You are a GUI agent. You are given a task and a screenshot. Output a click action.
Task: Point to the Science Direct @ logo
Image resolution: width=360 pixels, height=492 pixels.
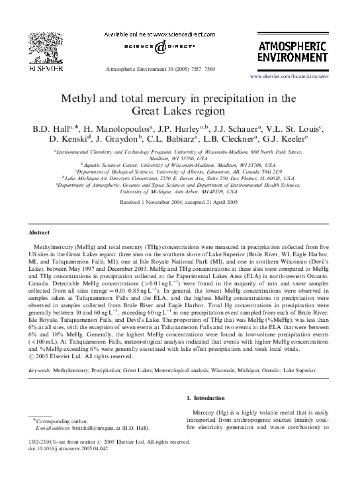point(161,46)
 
